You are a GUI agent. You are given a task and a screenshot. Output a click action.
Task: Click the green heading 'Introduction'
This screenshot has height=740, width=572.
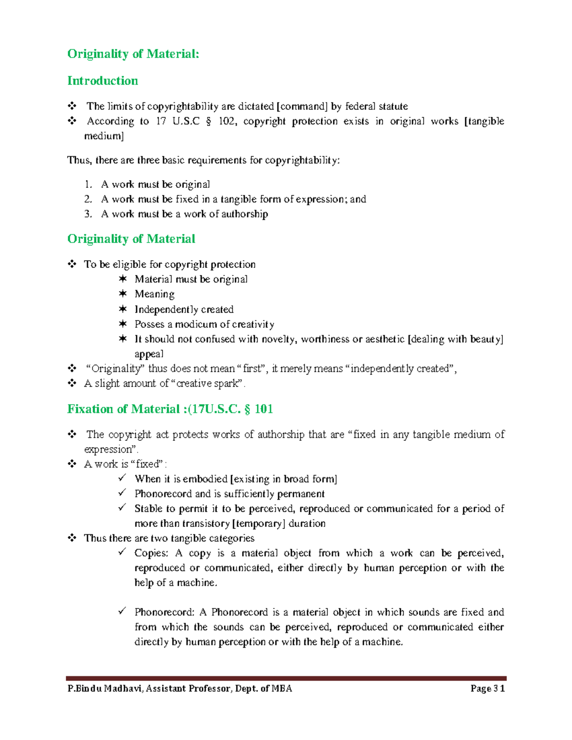[102, 81]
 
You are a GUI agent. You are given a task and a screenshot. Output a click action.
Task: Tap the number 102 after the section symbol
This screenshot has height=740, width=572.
[226, 121]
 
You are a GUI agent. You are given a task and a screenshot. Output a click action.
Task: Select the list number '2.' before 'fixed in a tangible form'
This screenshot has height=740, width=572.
[88, 199]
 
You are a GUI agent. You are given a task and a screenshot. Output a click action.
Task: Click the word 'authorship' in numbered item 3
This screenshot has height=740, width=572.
[245, 214]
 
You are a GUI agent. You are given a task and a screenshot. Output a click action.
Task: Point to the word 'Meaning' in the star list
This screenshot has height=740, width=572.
[154, 294]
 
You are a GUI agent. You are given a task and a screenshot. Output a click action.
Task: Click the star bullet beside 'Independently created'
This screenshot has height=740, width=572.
[123, 309]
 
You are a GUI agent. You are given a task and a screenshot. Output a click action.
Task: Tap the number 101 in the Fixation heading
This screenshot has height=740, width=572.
[264, 409]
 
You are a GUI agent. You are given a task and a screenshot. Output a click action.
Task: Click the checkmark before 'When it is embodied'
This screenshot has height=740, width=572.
[123, 478]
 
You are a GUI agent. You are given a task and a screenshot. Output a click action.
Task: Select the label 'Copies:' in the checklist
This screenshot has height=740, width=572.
[151, 553]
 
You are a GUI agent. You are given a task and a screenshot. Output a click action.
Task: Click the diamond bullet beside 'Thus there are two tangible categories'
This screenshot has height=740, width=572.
[72, 538]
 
